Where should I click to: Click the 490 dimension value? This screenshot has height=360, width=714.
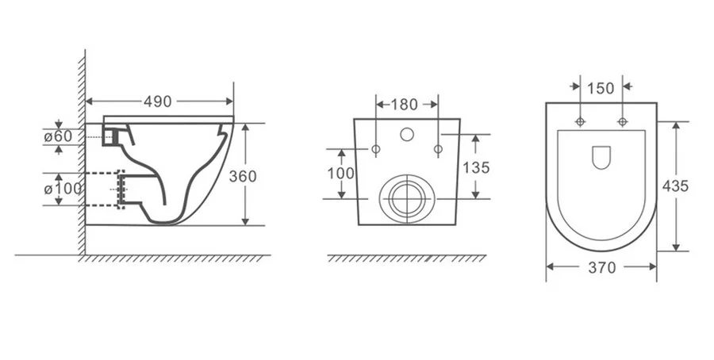point(158,101)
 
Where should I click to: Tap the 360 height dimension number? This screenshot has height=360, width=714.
point(243,176)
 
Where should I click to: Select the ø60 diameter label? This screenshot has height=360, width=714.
point(58,136)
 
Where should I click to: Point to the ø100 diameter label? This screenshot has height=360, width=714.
point(63,189)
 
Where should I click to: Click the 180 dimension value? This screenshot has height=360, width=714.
point(405,105)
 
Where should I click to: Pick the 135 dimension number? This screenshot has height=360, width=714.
point(476,167)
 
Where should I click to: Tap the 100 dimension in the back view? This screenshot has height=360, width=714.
point(340,174)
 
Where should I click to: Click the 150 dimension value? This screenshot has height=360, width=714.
point(601,88)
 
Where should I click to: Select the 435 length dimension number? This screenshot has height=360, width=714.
point(675,186)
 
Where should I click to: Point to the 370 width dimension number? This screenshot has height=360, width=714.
point(602,267)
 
